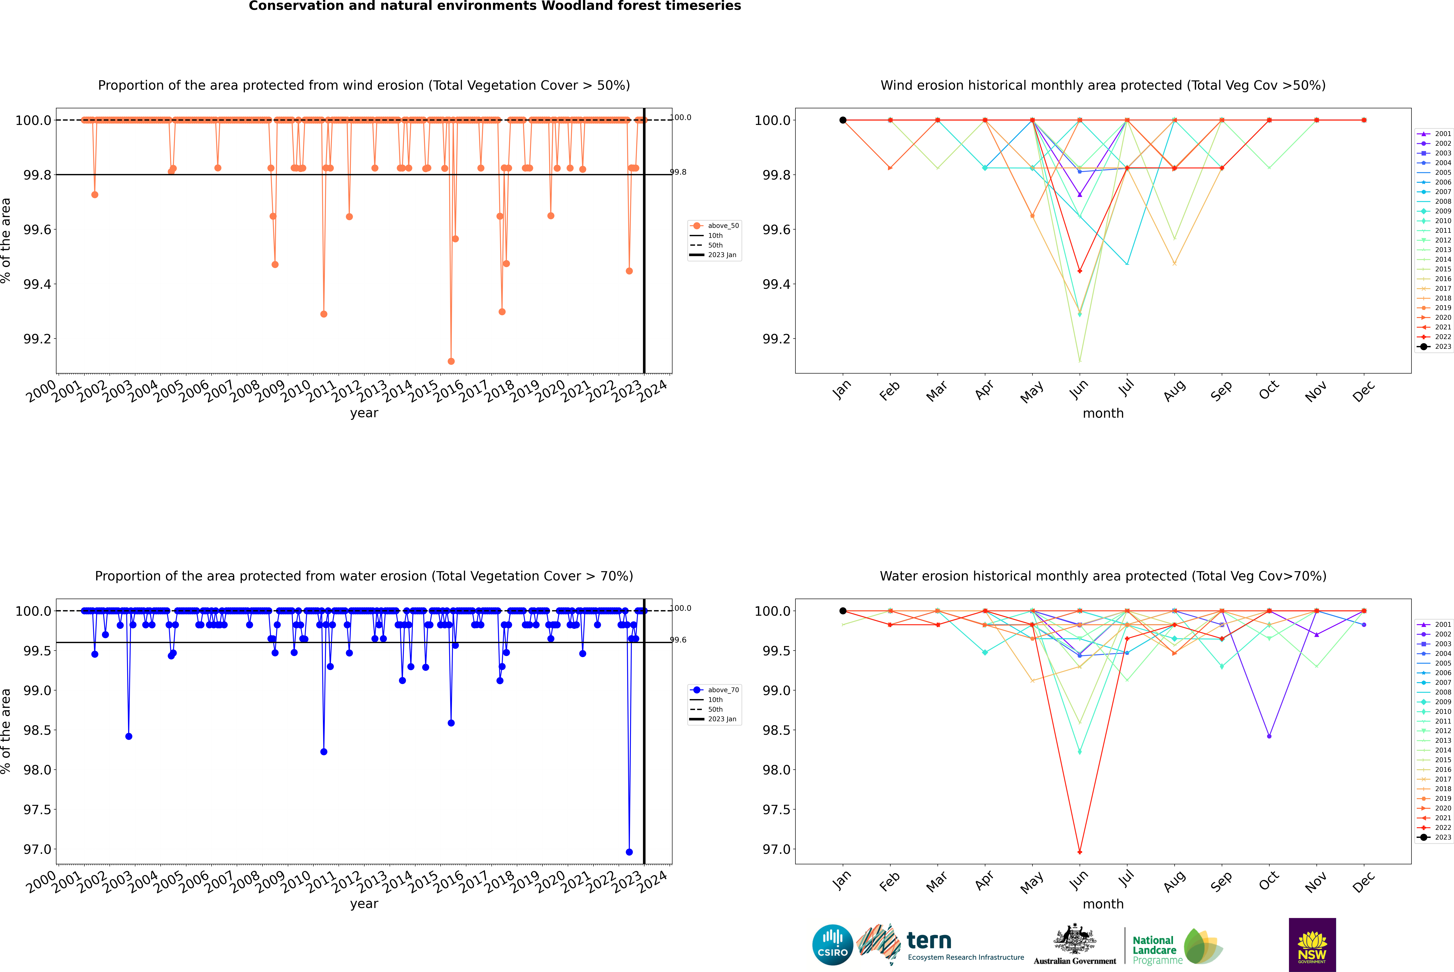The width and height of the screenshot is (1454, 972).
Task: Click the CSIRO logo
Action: click(x=832, y=945)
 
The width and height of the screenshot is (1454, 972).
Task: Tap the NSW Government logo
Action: click(x=1312, y=945)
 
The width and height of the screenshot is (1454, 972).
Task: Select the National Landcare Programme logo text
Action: click(x=1154, y=950)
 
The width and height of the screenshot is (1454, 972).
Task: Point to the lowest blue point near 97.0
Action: click(x=629, y=852)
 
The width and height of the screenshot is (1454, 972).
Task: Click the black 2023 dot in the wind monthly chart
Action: click(x=843, y=120)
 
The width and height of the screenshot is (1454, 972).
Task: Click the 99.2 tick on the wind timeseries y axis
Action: click(x=37, y=339)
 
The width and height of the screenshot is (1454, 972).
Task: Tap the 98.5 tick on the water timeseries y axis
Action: click(x=37, y=730)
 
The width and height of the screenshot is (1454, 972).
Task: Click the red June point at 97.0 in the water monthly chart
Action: click(x=1080, y=852)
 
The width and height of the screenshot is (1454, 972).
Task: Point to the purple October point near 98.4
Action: click(x=1269, y=736)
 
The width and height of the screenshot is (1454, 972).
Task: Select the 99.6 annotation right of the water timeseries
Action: click(x=678, y=640)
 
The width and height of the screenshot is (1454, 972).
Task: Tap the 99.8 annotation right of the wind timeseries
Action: click(x=678, y=172)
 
